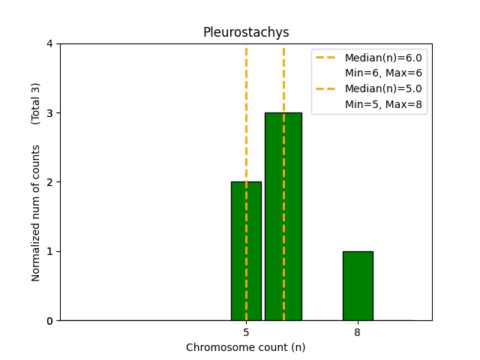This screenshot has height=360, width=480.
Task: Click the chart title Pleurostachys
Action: [x=245, y=32]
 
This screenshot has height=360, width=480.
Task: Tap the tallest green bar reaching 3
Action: [x=293, y=217]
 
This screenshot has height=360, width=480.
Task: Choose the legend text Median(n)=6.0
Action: [x=383, y=58]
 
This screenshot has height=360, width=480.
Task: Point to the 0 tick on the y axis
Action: [x=50, y=321]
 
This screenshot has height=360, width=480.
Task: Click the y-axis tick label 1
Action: [x=50, y=251]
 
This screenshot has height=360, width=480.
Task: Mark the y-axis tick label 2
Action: [x=50, y=182]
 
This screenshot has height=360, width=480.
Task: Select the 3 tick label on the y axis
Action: [x=50, y=113]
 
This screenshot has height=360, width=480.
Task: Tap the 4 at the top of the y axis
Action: [x=50, y=43]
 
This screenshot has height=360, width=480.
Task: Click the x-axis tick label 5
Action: [x=246, y=332]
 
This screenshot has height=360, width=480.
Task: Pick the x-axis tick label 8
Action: [x=357, y=332]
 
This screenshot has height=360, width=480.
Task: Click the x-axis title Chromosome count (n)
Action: [x=245, y=347]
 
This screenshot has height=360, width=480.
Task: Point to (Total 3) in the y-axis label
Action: [x=35, y=103]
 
